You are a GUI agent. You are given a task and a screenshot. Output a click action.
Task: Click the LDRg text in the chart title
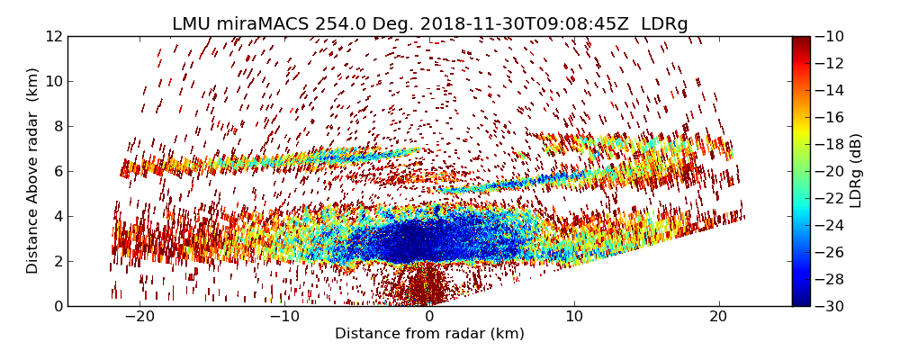(664, 24)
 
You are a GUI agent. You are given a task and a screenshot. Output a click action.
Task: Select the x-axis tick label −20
(139, 317)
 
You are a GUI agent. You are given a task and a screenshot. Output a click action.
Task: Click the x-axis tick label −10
(283, 317)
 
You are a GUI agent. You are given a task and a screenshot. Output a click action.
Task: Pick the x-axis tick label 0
(429, 317)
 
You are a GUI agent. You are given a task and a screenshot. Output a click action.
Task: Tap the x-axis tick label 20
(718, 317)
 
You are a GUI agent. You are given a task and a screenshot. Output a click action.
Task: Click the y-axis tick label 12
(53, 37)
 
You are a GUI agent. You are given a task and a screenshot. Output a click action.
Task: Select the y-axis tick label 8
(57, 126)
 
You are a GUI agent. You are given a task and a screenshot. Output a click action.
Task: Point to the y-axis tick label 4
(57, 216)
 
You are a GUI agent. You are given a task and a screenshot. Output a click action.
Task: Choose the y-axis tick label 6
(57, 171)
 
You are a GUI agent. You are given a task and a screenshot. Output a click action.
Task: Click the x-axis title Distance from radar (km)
(429, 334)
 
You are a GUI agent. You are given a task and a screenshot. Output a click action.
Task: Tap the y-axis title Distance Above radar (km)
(33, 170)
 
